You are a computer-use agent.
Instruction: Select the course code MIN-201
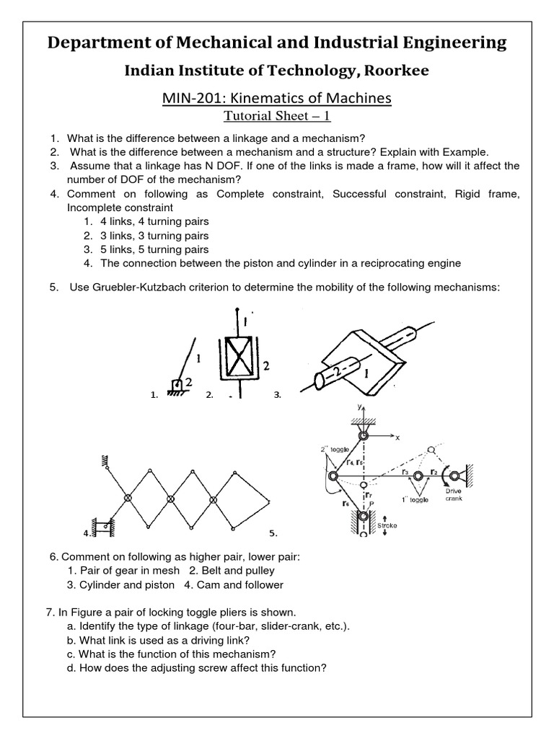coord(191,97)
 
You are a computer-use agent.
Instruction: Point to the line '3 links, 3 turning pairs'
coord(155,235)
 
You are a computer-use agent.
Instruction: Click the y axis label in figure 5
coord(357,408)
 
